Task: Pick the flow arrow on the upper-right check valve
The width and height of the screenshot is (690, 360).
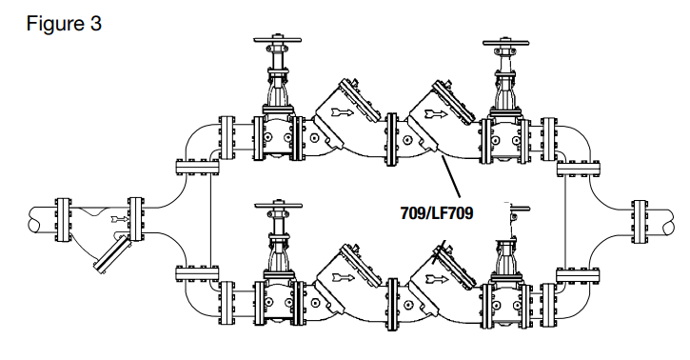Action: (433, 115)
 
